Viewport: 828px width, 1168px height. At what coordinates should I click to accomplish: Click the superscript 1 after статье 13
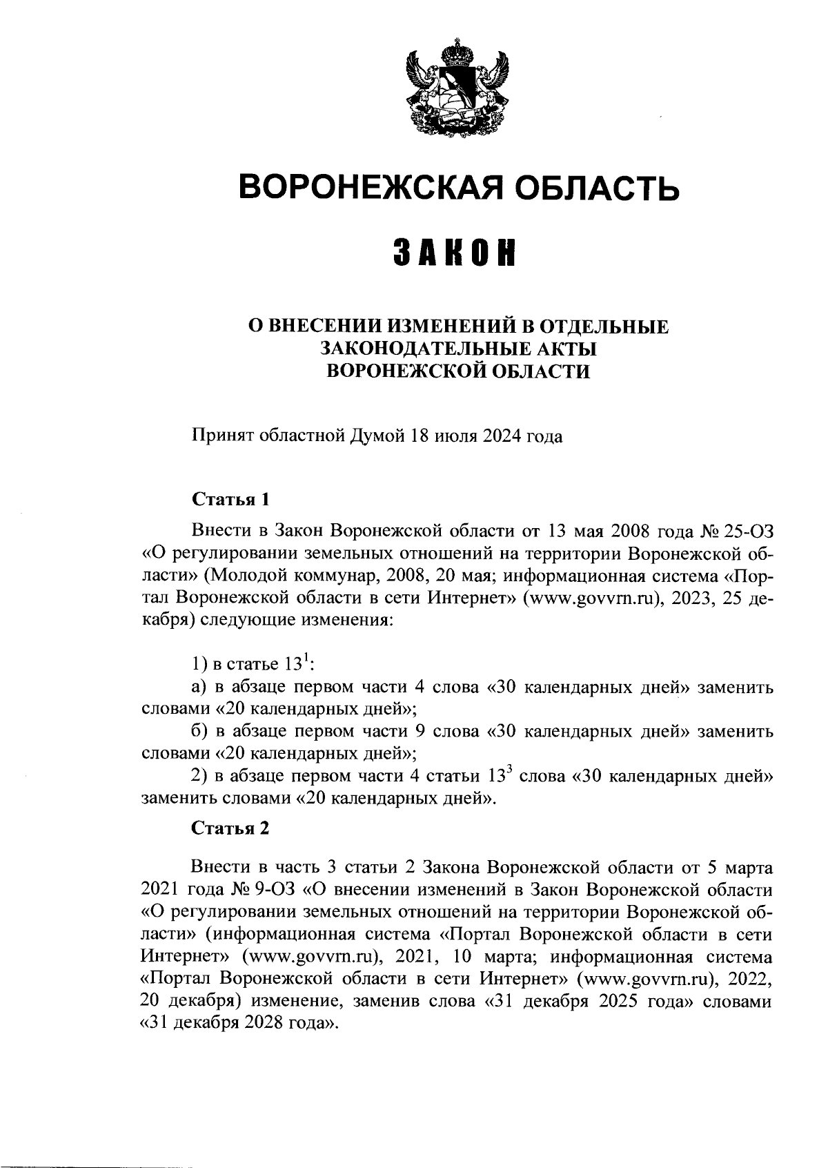[x=308, y=659]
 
